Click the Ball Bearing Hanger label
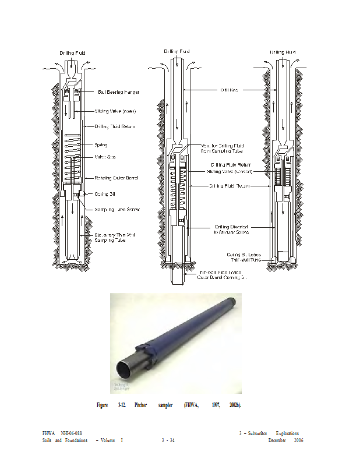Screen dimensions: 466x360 (x=118, y=92)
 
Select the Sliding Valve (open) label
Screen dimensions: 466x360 (x=115, y=111)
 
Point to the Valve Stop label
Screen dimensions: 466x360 (x=105, y=157)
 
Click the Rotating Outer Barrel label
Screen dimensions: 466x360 (x=117, y=178)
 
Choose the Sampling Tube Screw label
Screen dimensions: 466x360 (x=117, y=209)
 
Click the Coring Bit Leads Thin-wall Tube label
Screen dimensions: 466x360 (x=245, y=257)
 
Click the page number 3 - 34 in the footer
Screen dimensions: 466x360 (x=168, y=440)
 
